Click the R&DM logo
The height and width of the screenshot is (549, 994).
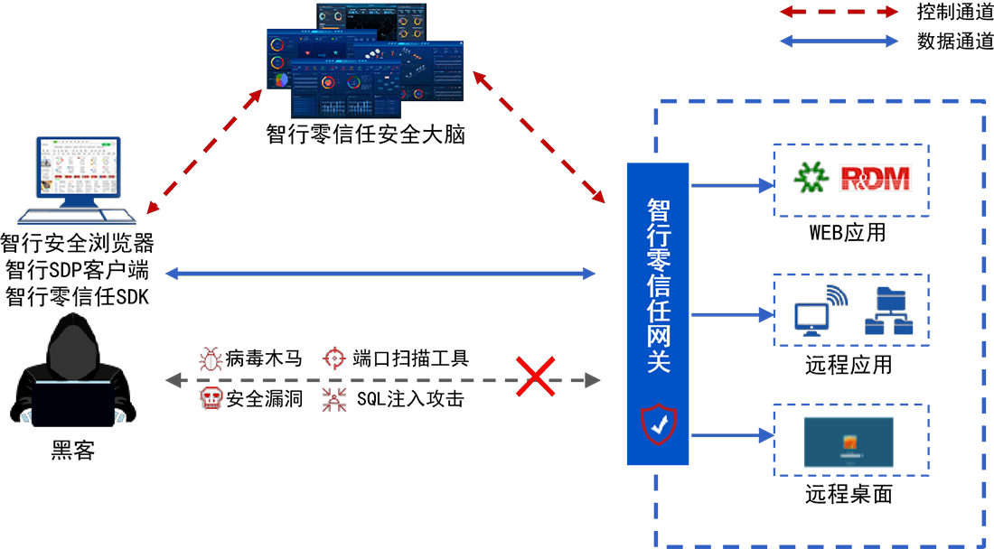pos(875,178)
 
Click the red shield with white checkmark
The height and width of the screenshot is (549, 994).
pos(658,422)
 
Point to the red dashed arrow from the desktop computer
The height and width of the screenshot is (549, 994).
pos(210,146)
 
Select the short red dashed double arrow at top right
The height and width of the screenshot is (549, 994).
pos(841,13)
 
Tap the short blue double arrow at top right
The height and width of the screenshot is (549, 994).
pos(841,42)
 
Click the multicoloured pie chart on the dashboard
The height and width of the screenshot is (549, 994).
pos(281,79)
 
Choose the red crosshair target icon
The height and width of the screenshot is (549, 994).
pos(333,359)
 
